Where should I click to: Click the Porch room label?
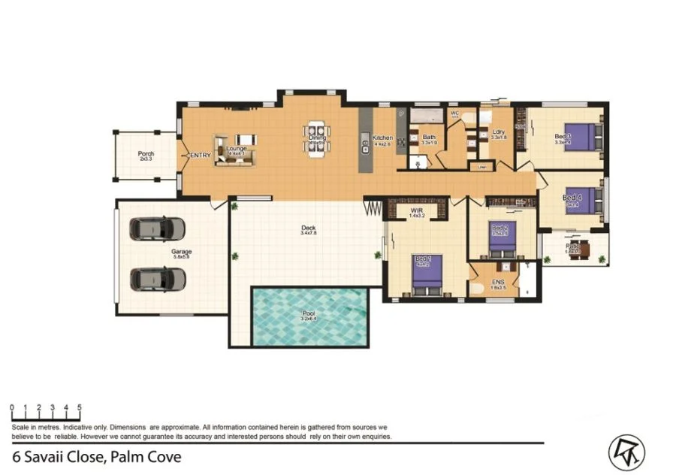146,153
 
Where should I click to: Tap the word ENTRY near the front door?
201,155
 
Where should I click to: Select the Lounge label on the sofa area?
236,148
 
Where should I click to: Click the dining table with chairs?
316,139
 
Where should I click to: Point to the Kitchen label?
382,138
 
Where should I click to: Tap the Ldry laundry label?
498,132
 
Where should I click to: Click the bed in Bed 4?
584,200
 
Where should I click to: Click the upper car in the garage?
157,228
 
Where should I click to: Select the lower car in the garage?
157,279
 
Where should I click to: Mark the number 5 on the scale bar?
79,407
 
